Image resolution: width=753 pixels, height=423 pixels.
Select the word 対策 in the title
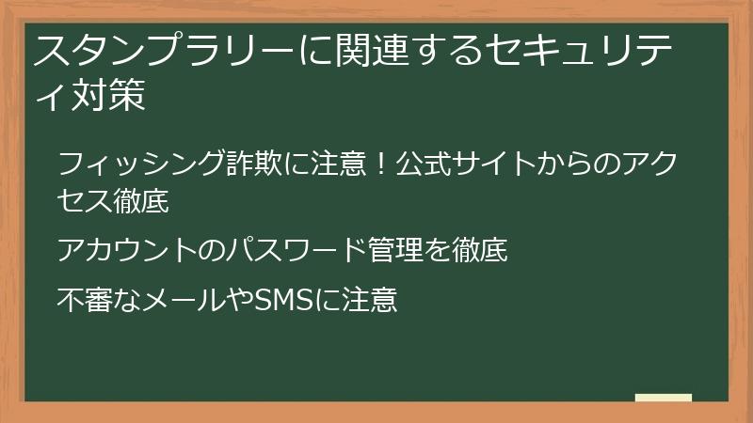point(108,95)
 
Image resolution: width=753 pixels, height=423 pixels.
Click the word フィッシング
point(141,163)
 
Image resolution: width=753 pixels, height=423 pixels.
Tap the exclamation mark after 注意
point(381,163)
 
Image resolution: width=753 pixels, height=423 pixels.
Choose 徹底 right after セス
point(141,200)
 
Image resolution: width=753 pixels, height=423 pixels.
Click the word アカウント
point(127,249)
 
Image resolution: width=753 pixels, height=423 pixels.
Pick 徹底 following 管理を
point(479,249)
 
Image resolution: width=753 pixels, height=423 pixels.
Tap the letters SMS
point(282,299)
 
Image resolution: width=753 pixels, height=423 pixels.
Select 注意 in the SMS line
point(369,299)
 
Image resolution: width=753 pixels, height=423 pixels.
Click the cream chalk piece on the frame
point(664,398)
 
